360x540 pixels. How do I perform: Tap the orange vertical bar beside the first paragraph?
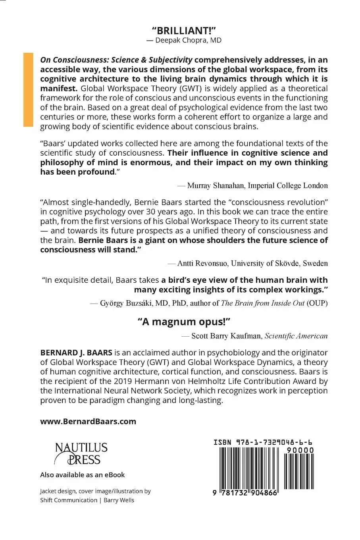click(28, 90)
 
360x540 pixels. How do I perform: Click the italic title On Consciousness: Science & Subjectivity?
click(116, 60)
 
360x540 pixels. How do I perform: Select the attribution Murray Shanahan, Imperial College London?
click(252, 185)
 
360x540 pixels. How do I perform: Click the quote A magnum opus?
click(184, 321)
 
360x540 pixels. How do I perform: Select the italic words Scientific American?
click(296, 336)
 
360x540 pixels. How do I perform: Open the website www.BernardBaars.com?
click(88, 421)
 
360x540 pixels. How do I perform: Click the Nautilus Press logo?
click(81, 454)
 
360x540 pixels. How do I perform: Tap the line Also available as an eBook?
click(83, 475)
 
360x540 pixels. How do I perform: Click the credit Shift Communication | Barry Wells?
click(87, 500)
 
